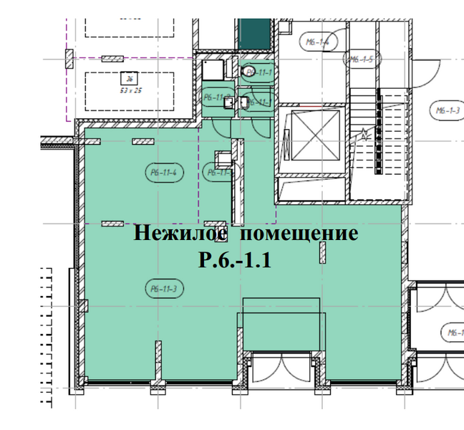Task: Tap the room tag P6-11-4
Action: point(164,171)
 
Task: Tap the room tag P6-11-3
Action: point(164,289)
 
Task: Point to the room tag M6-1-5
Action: point(360,60)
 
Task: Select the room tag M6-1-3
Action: point(447,110)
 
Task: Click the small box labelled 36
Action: point(129,79)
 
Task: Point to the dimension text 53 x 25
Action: point(130,90)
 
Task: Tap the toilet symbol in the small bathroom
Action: point(251,72)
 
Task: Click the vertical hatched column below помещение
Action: point(323,252)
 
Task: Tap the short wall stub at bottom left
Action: point(156,361)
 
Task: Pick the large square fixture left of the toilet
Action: point(213,70)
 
